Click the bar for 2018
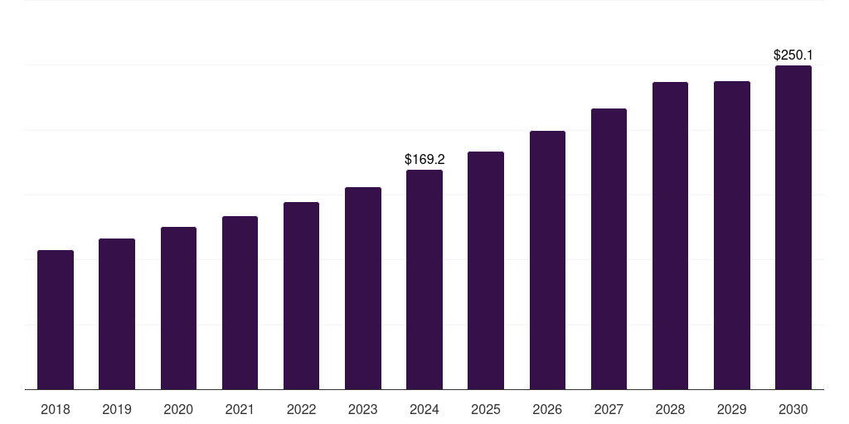pyautogui.click(x=56, y=320)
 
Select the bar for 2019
pyautogui.click(x=117, y=314)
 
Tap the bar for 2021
pyautogui.click(x=240, y=302)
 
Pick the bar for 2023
pyautogui.click(x=363, y=288)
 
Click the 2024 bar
pyautogui.click(x=424, y=279)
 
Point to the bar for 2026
pyautogui.click(x=547, y=260)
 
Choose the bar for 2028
pyautogui.click(x=670, y=235)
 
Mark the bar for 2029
pyautogui.click(x=732, y=235)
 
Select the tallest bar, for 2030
pyautogui.click(x=793, y=227)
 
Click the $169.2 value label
pyautogui.click(x=424, y=159)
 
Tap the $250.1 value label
pyautogui.click(x=793, y=55)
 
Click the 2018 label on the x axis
pyautogui.click(x=56, y=409)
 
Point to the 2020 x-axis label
pyautogui.click(x=178, y=409)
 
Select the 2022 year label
pyautogui.click(x=301, y=409)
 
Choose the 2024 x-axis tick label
pyautogui.click(x=424, y=409)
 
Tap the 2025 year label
pyautogui.click(x=486, y=409)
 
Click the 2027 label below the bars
pyautogui.click(x=609, y=409)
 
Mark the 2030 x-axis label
pyautogui.click(x=793, y=409)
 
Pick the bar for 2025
pyautogui.click(x=486, y=270)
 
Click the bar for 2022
pyautogui.click(x=301, y=296)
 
